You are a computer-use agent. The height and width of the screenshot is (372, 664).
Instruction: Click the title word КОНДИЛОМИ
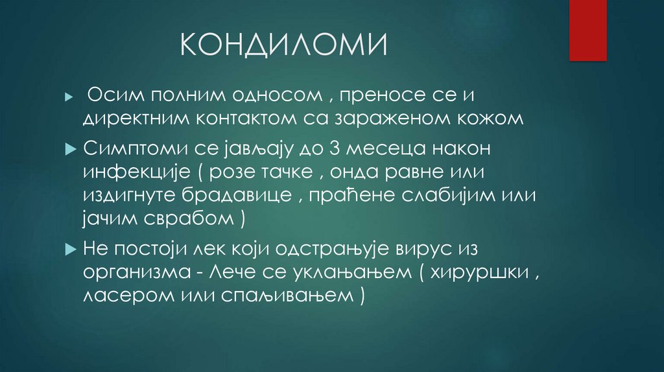click(284, 47)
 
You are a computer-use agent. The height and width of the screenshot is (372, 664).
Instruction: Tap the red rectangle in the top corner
click(587, 30)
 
